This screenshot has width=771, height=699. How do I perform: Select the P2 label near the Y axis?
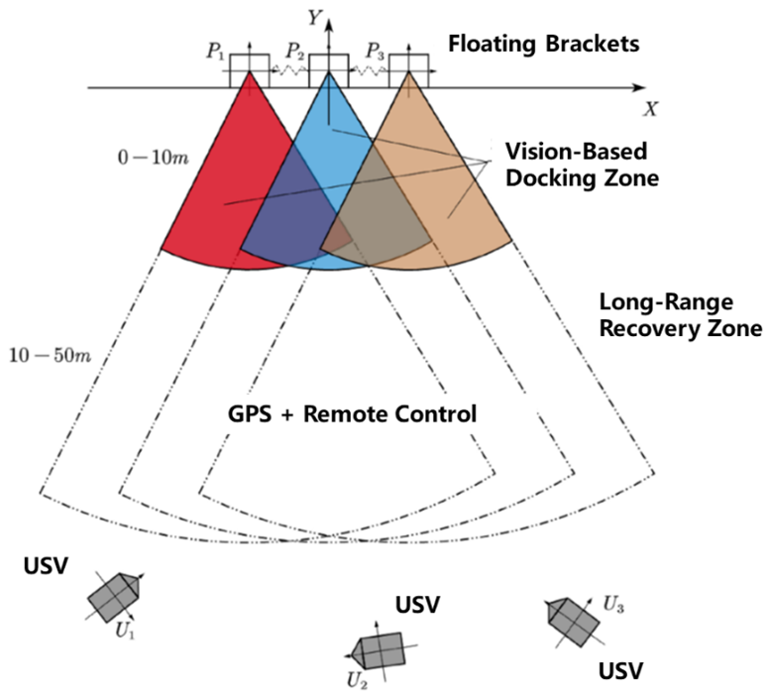click(295, 51)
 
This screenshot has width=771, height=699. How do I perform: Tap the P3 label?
click(376, 51)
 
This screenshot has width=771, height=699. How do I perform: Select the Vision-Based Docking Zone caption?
click(576, 165)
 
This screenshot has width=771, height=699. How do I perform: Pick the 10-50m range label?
click(48, 353)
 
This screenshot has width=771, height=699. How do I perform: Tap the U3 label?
click(615, 603)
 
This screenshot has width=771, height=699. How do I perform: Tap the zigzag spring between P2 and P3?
click(368, 71)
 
